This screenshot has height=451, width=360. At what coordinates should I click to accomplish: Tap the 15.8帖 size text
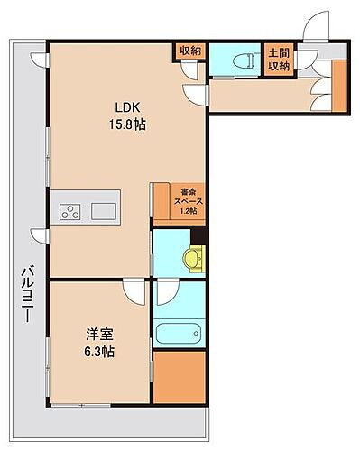pos(124,124)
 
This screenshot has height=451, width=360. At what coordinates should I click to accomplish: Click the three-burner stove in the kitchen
pos(71,213)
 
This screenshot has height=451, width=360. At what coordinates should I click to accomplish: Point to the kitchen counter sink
pos(103,213)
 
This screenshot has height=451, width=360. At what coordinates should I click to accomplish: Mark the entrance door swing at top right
pos(315,28)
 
